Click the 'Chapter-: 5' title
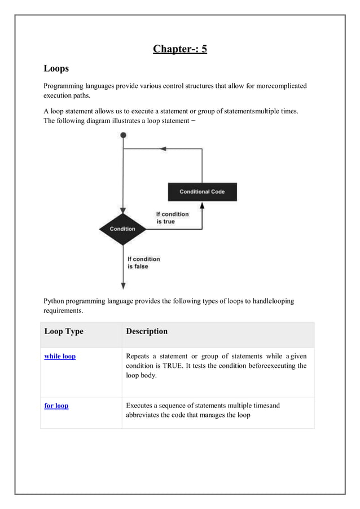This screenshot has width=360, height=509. (x=179, y=49)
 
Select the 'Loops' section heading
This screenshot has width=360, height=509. (x=56, y=69)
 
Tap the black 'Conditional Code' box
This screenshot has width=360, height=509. (x=202, y=192)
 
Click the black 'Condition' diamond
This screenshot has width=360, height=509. (x=122, y=229)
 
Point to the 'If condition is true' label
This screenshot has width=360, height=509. (x=172, y=218)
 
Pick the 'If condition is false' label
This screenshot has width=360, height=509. (x=143, y=263)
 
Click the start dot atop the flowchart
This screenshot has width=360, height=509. (x=123, y=135)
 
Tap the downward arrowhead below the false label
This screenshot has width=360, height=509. (x=123, y=285)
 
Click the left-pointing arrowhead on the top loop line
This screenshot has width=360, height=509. (x=163, y=149)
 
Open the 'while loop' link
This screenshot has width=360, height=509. (x=60, y=357)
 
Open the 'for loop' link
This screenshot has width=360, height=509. (x=56, y=406)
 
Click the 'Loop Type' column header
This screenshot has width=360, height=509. (x=64, y=331)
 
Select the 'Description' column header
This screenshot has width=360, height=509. (x=147, y=331)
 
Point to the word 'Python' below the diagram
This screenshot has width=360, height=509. (x=55, y=301)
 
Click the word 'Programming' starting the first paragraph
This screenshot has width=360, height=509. (x=64, y=86)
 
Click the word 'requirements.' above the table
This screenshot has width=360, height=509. (x=63, y=311)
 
